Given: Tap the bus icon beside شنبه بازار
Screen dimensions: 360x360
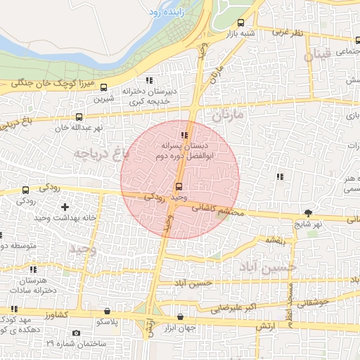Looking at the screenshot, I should [242, 22].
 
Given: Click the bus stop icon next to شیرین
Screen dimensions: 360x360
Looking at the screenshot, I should [104, 88].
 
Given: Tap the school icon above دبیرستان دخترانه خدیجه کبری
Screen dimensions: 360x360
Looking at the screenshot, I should [148, 79].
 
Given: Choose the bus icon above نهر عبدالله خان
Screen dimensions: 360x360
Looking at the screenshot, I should [79, 117].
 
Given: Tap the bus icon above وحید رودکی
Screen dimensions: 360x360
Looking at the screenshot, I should [179, 186].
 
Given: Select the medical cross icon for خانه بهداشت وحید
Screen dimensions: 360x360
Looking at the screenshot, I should [65, 207].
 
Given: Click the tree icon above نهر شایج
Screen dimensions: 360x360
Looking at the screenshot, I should [308, 213].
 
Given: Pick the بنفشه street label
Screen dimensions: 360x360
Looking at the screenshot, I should [274, 241].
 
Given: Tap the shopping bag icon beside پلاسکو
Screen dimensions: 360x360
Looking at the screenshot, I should [106, 311].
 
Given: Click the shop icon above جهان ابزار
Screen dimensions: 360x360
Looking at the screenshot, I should [182, 316].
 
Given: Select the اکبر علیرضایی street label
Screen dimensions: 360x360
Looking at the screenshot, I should [236, 307].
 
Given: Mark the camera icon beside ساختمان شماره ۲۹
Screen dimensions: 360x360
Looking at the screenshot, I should [77, 333].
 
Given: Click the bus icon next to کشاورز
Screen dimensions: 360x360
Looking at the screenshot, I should [13, 309].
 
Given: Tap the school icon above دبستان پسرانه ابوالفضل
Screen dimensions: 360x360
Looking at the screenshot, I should [184, 136].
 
